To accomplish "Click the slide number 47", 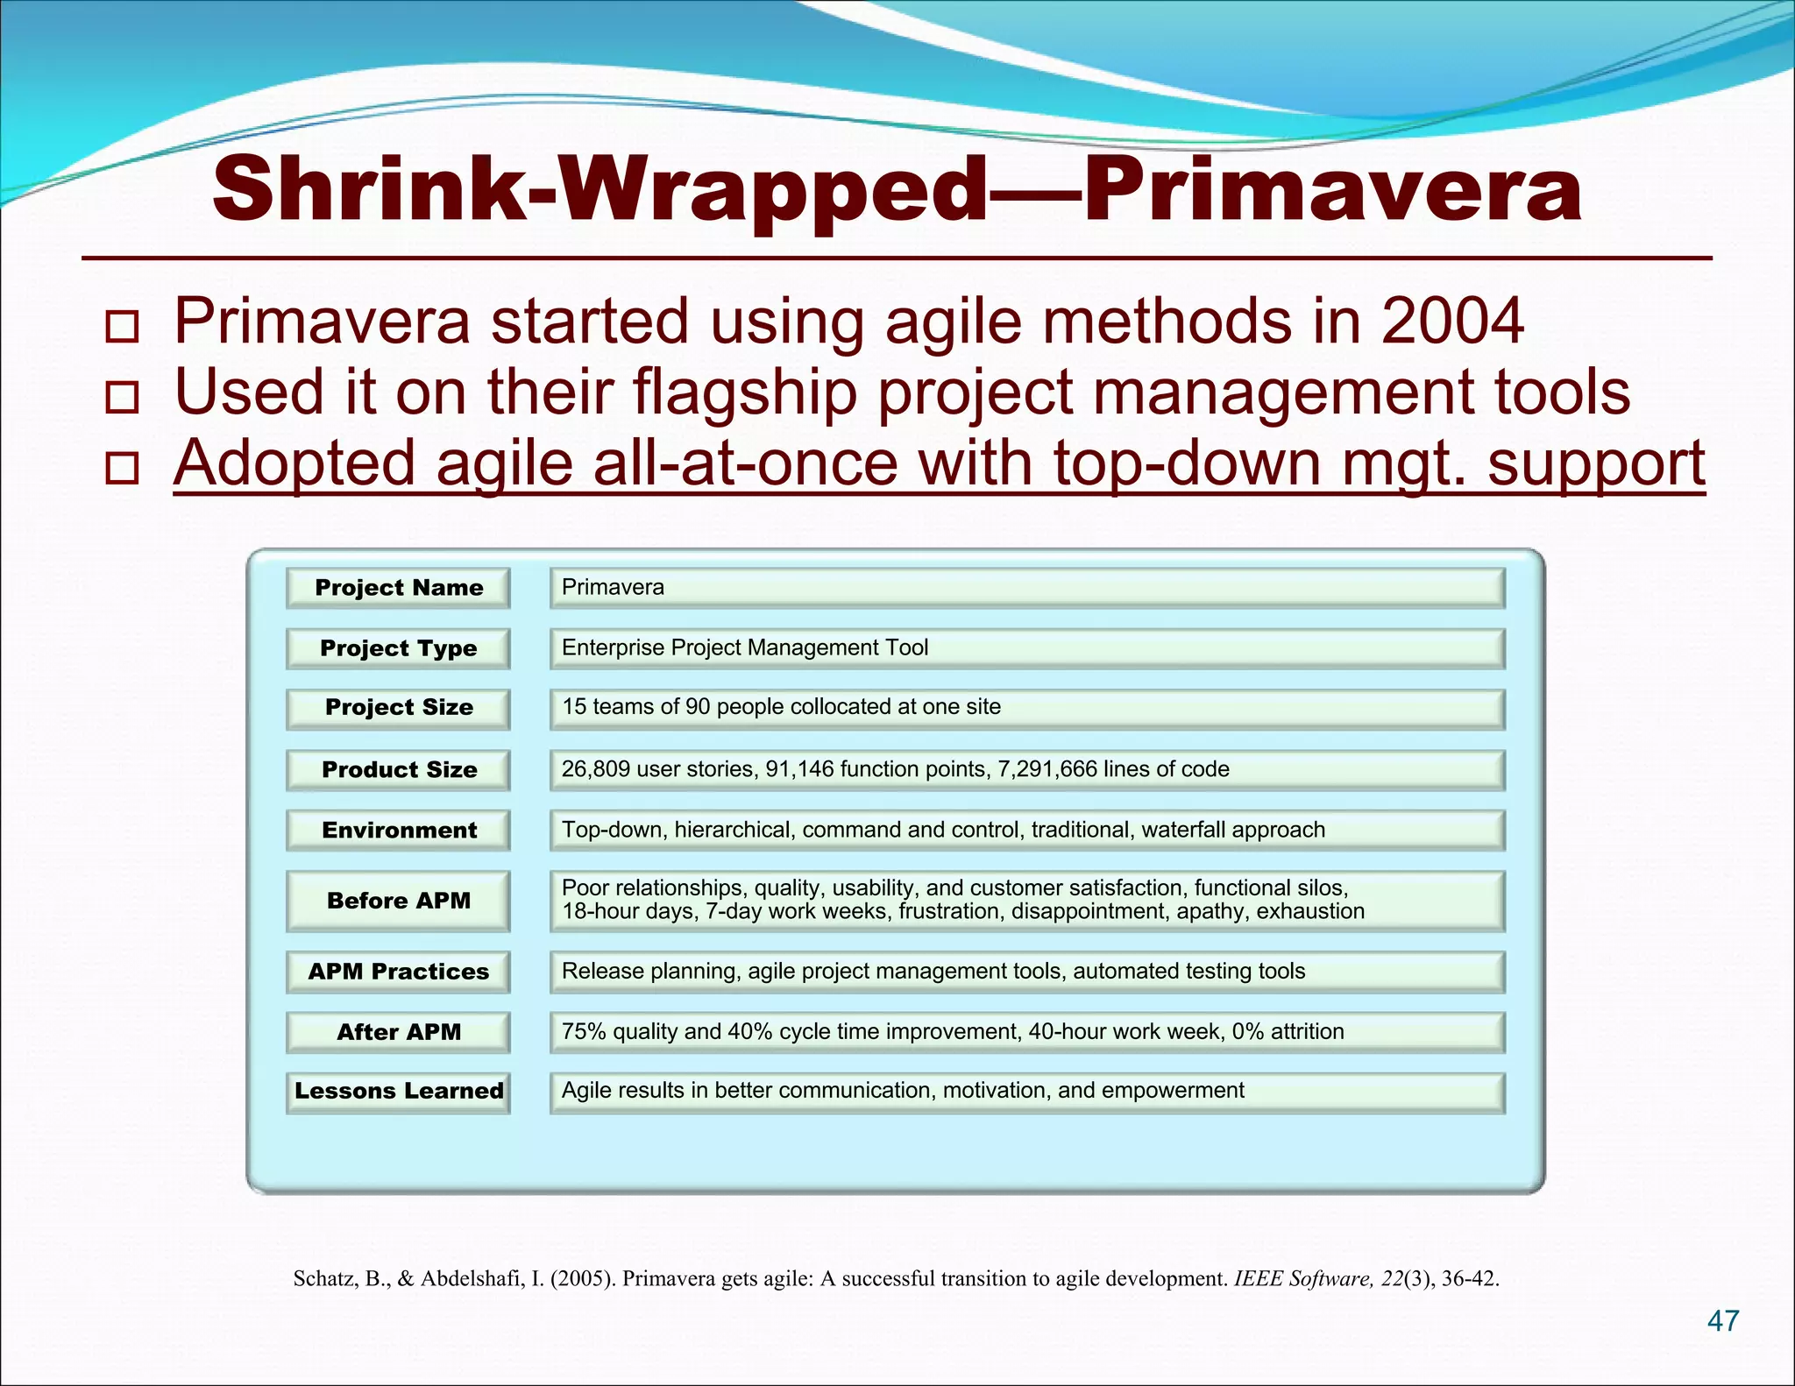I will (1723, 1320).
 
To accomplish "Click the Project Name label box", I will (398, 588).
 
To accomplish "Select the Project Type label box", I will (398, 648).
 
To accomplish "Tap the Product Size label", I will (398, 770).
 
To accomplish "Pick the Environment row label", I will (398, 831).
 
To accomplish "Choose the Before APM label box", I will (398, 901).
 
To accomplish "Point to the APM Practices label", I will (398, 972).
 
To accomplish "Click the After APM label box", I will (398, 1032).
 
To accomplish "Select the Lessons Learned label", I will (398, 1092).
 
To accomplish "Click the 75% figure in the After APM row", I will (584, 1031).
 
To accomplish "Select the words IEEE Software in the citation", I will (1302, 1278).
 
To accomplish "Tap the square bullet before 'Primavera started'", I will (122, 326).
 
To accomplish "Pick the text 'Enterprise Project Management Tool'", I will (744, 647).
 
